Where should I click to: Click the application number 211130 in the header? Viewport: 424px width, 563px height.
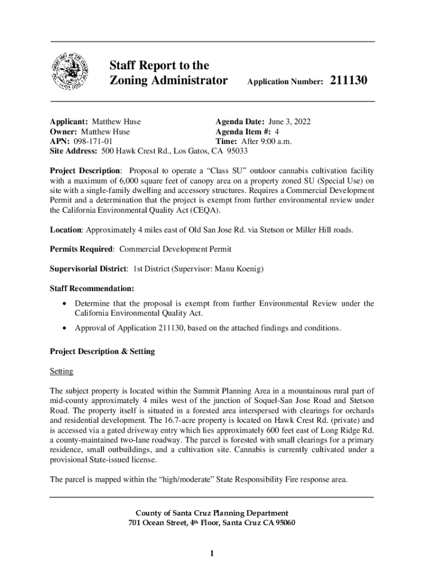349,81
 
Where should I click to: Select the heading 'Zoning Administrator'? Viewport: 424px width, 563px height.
168,81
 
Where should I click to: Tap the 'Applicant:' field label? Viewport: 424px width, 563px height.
69,122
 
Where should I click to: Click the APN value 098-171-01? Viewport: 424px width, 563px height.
93,141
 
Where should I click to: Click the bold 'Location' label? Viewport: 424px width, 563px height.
66,229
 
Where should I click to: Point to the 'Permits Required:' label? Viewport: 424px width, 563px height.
82,249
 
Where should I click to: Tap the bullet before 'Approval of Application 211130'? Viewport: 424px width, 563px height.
66,328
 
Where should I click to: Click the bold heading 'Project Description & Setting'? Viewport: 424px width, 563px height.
102,351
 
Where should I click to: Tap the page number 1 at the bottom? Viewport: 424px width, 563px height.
212,553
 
